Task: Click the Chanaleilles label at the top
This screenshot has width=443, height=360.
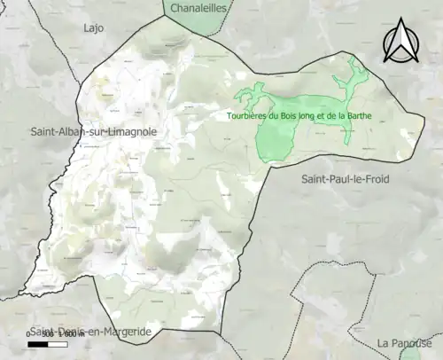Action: point(197,8)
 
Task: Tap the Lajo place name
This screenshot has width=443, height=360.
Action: point(93,28)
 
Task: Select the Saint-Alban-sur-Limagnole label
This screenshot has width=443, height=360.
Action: point(93,131)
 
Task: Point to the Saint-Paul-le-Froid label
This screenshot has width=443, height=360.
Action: point(345,179)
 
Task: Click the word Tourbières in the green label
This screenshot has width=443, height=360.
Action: point(247,115)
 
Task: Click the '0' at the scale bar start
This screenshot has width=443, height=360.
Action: point(28,334)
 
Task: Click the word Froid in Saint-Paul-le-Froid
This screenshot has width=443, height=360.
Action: point(374,179)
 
